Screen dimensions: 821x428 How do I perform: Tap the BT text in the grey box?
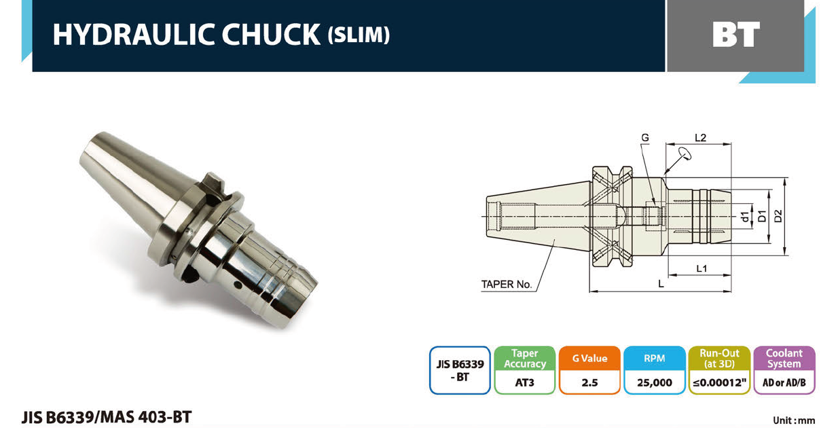click(736, 35)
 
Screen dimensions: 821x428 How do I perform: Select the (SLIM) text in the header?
click(359, 35)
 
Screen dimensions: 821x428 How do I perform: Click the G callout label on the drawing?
click(645, 138)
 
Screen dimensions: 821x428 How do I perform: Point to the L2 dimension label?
click(700, 138)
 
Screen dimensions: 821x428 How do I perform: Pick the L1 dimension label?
click(701, 269)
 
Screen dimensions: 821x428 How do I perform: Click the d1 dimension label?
click(745, 217)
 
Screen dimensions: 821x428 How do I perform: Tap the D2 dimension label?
click(778, 217)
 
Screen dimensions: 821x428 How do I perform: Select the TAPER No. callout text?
click(507, 285)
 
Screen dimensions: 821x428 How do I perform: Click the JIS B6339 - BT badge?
click(460, 370)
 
